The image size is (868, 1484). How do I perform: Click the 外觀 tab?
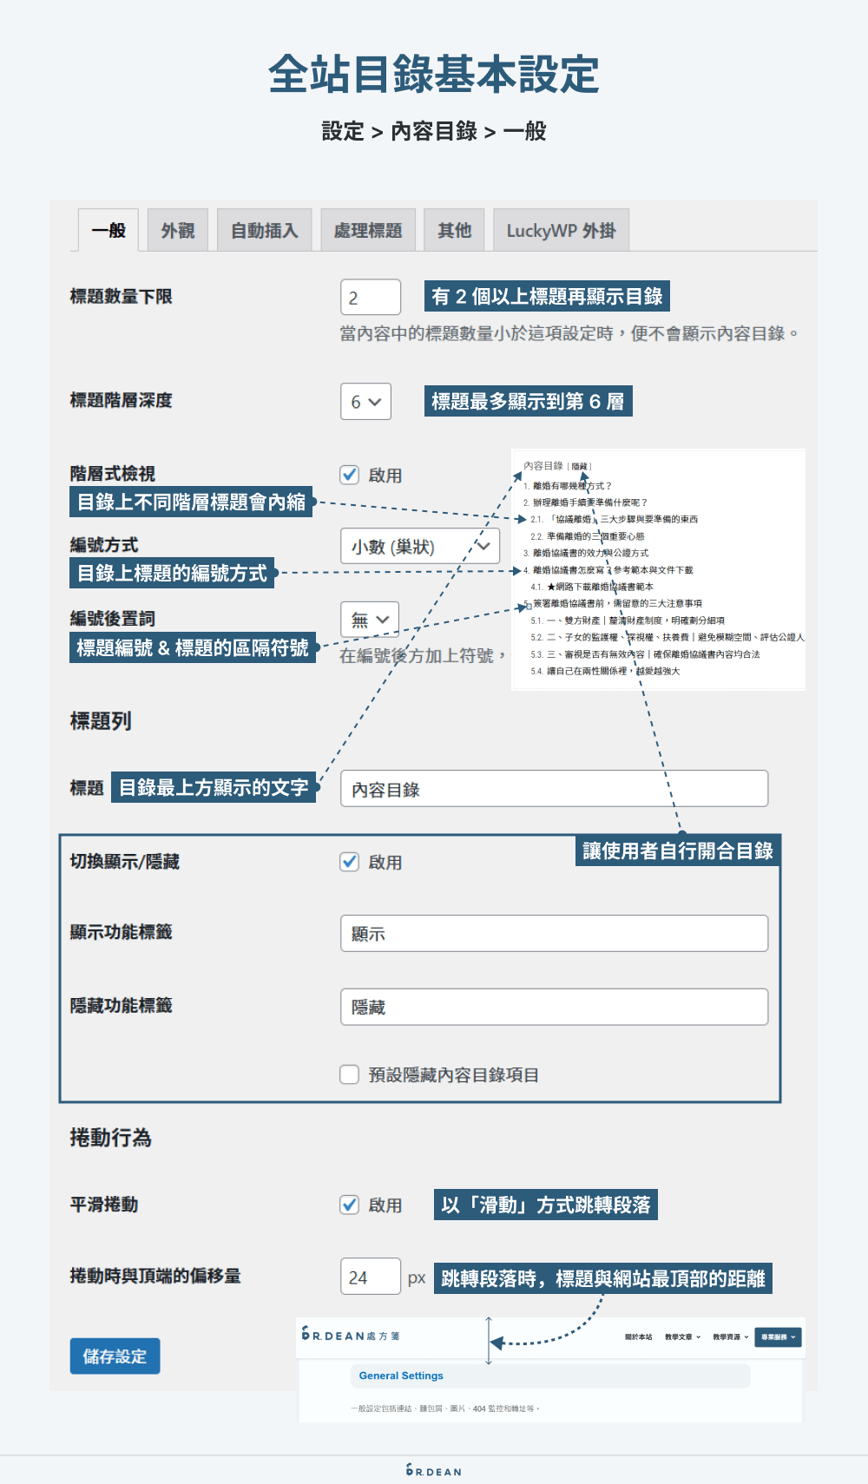point(178,231)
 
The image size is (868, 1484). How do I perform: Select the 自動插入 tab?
point(265,231)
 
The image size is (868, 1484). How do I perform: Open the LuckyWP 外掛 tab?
point(561,231)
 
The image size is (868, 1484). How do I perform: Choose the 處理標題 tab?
point(368,231)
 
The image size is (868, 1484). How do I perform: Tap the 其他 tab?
point(454,231)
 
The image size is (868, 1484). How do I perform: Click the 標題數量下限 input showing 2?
point(371,298)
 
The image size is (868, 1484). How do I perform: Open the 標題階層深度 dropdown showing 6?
point(365,402)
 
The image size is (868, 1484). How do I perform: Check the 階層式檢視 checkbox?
point(350,475)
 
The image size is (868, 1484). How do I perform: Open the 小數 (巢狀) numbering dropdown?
point(420,547)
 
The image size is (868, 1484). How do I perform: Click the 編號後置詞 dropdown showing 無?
point(370,620)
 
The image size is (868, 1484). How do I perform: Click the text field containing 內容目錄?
point(554,789)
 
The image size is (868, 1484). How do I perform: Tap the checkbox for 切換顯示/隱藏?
point(350,862)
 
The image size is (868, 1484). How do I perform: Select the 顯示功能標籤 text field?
point(554,934)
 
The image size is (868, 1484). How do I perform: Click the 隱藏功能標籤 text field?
point(554,1007)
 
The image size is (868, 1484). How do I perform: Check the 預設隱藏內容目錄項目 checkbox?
point(350,1074)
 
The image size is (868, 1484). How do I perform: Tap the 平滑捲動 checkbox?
point(350,1205)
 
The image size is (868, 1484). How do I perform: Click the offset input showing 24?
point(371,1277)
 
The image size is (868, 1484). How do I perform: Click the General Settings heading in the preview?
point(401,1376)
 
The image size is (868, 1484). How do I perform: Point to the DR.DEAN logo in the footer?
point(434,1470)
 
